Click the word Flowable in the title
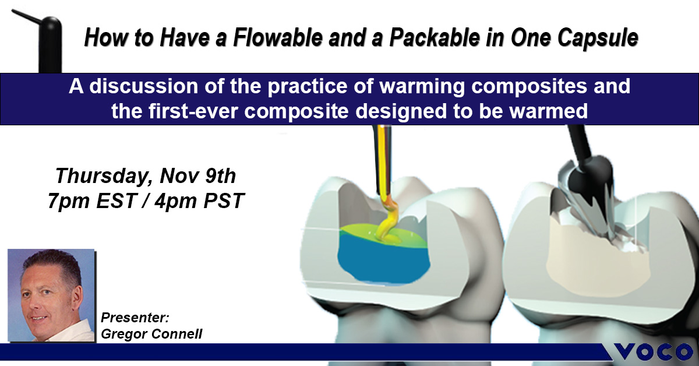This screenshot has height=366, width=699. tap(278, 37)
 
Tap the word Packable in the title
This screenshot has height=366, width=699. tap(435, 37)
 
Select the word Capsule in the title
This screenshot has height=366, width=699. tap(597, 38)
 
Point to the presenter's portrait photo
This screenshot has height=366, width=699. tap(51, 295)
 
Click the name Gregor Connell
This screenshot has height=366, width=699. tap(151, 334)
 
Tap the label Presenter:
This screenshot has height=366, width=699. tap(135, 317)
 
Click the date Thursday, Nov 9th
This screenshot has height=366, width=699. tap(146, 176)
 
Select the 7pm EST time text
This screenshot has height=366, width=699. tap(93, 201)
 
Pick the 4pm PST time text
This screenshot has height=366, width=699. tap(199, 200)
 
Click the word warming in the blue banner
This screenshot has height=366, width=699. tap(422, 86)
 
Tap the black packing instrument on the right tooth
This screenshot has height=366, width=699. tap(584, 168)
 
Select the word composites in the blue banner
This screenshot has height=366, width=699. tap(529, 87)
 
